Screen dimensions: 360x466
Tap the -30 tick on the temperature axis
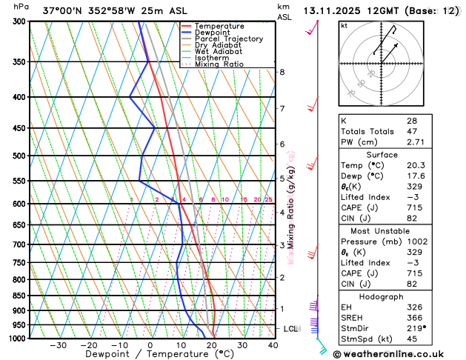pyautogui.click(x=58, y=344)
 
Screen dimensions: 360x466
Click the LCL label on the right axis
pyautogui.click(x=290, y=328)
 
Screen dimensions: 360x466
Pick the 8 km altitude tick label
pyautogui.click(x=282, y=72)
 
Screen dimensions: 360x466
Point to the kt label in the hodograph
pyautogui.click(x=344, y=25)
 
